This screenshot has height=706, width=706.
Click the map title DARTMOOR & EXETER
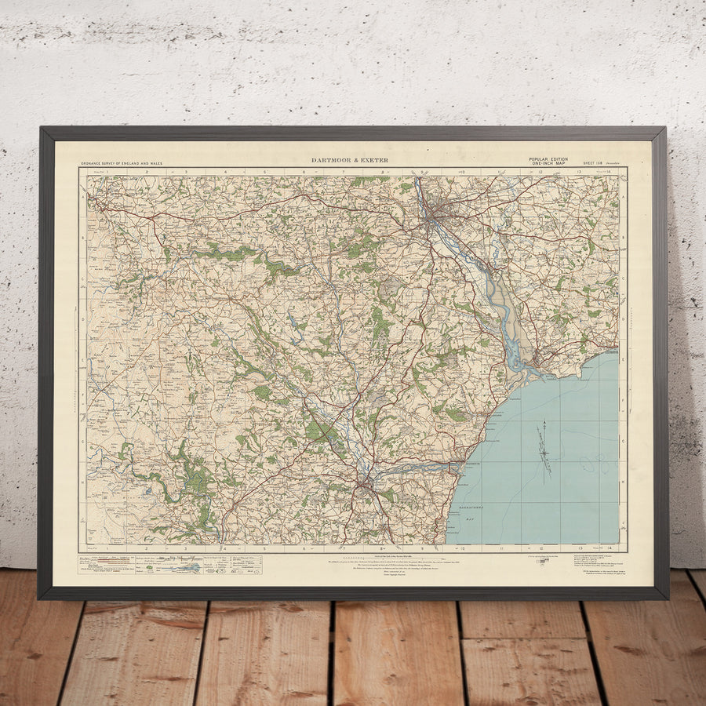(x=349, y=160)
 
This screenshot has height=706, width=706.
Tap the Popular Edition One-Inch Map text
(x=548, y=161)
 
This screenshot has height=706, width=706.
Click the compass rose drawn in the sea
(x=542, y=450)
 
